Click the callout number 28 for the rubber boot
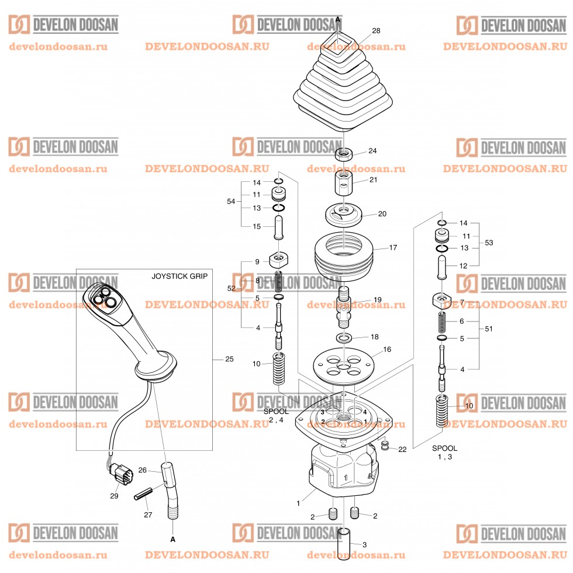click(375, 30)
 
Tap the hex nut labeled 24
click(343, 155)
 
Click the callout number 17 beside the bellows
click(393, 248)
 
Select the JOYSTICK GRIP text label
click(180, 275)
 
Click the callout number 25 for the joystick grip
click(229, 358)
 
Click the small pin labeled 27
click(143, 494)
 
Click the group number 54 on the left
click(231, 201)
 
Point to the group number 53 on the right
click(489, 242)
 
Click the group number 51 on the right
click(489, 329)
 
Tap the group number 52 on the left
click(231, 288)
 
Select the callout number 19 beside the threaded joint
click(378, 299)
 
